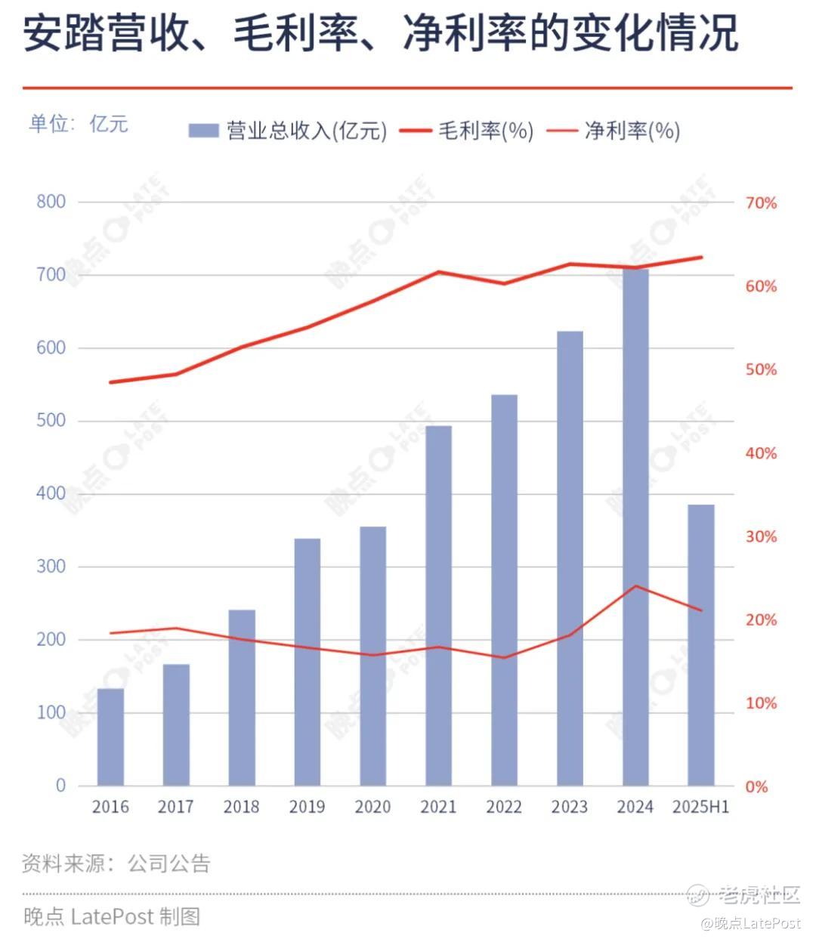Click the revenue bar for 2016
[110, 737]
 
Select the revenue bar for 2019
[308, 662]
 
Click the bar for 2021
[438, 605]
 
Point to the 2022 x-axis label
[504, 807]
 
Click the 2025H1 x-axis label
[701, 807]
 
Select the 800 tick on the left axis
[51, 202]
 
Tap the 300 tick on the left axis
[51, 567]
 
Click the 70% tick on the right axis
[761, 203]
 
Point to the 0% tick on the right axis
[756, 786]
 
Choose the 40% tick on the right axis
[761, 453]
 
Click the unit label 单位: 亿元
[79, 124]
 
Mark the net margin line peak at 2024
[636, 585]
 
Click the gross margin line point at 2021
[439, 271]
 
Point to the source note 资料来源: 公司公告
[116, 863]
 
